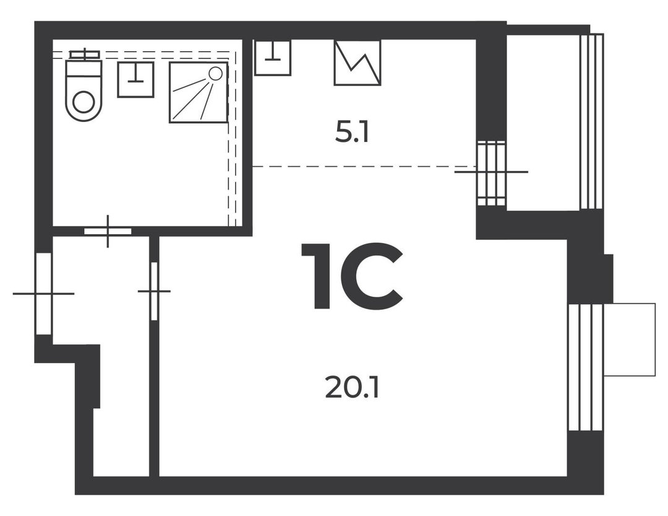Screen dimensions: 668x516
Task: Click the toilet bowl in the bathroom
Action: pos(84,91)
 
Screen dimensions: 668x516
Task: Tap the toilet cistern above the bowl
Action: pos(85,55)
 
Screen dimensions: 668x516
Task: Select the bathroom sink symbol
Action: pos(135,79)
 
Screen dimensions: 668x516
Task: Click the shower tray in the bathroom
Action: pos(199,92)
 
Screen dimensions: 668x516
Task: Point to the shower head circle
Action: pos(216,74)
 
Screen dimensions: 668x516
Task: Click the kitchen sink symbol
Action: pos(273,58)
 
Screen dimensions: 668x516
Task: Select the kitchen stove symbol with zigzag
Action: pos(357,63)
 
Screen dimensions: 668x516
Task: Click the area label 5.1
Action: pos(352,134)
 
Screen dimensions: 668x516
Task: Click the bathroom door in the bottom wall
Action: pos(108,231)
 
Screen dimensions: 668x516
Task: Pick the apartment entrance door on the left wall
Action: pos(43,294)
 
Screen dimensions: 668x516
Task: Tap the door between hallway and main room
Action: pos(154,291)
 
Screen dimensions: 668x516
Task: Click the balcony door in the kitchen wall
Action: pos(490,173)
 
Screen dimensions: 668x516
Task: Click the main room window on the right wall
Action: pos(586,367)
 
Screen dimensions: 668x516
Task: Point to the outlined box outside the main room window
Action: pos(630,339)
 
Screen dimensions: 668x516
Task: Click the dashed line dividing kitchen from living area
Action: pos(364,166)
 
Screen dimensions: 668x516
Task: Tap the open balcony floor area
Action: pos(543,122)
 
